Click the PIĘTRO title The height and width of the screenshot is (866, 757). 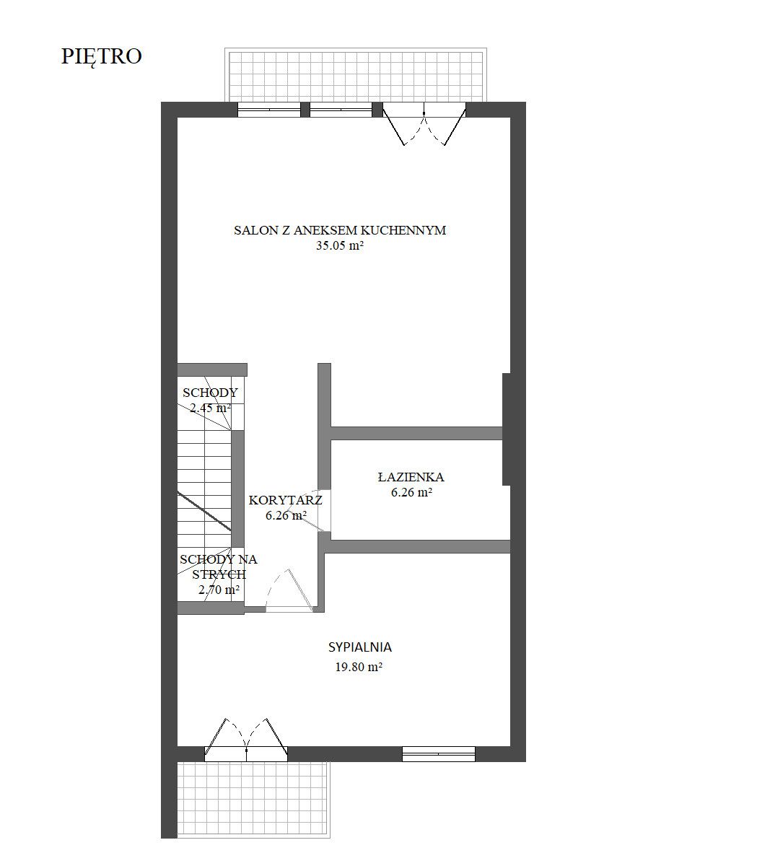click(102, 57)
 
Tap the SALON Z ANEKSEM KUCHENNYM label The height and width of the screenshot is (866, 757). click(340, 230)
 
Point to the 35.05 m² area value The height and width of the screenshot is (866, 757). click(340, 245)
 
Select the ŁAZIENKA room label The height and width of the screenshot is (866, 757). click(411, 477)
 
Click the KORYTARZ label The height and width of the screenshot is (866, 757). click(285, 500)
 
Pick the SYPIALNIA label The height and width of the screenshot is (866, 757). click(360, 647)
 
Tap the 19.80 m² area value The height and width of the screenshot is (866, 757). click(359, 667)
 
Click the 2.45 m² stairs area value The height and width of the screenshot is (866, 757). click(210, 408)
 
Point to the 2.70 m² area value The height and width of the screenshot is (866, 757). click(219, 590)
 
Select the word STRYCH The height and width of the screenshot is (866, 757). click(219, 574)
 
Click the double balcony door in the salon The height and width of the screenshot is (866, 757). click(424, 125)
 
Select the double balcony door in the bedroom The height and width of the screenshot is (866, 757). click(246, 740)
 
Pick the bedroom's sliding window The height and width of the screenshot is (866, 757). click(438, 754)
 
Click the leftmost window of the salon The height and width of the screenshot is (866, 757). click(269, 110)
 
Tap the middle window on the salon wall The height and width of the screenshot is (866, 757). click(341, 110)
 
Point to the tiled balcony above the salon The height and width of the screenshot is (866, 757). click(356, 75)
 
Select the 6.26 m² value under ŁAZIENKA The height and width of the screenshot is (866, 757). click(411, 492)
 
